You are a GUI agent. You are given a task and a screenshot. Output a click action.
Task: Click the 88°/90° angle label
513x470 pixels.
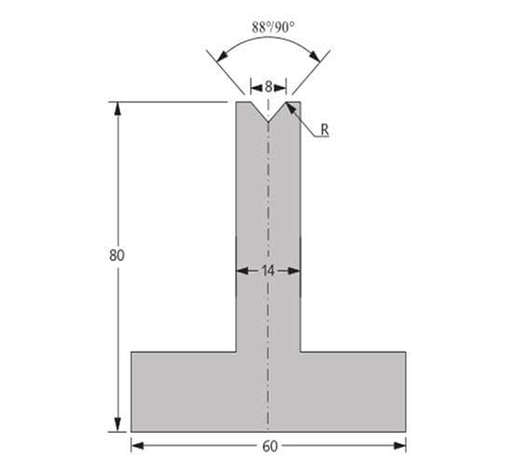[273, 27]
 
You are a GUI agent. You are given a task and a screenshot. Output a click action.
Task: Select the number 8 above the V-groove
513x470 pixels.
[269, 87]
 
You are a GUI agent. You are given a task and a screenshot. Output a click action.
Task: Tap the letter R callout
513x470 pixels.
[325, 130]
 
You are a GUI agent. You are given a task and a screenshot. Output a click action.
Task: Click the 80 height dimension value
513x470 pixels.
[117, 256]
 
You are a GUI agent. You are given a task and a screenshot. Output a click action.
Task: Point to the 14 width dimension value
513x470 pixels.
[268, 270]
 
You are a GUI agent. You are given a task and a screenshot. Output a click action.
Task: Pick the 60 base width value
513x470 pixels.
[270, 447]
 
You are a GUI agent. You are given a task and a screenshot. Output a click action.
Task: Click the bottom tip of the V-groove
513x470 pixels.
[269, 121]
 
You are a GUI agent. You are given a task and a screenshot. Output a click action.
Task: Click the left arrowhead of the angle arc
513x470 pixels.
[222, 56]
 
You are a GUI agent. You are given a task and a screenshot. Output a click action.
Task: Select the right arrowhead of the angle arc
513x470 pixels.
[314, 56]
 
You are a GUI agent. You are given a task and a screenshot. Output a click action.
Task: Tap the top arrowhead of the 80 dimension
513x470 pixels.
[118, 108]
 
